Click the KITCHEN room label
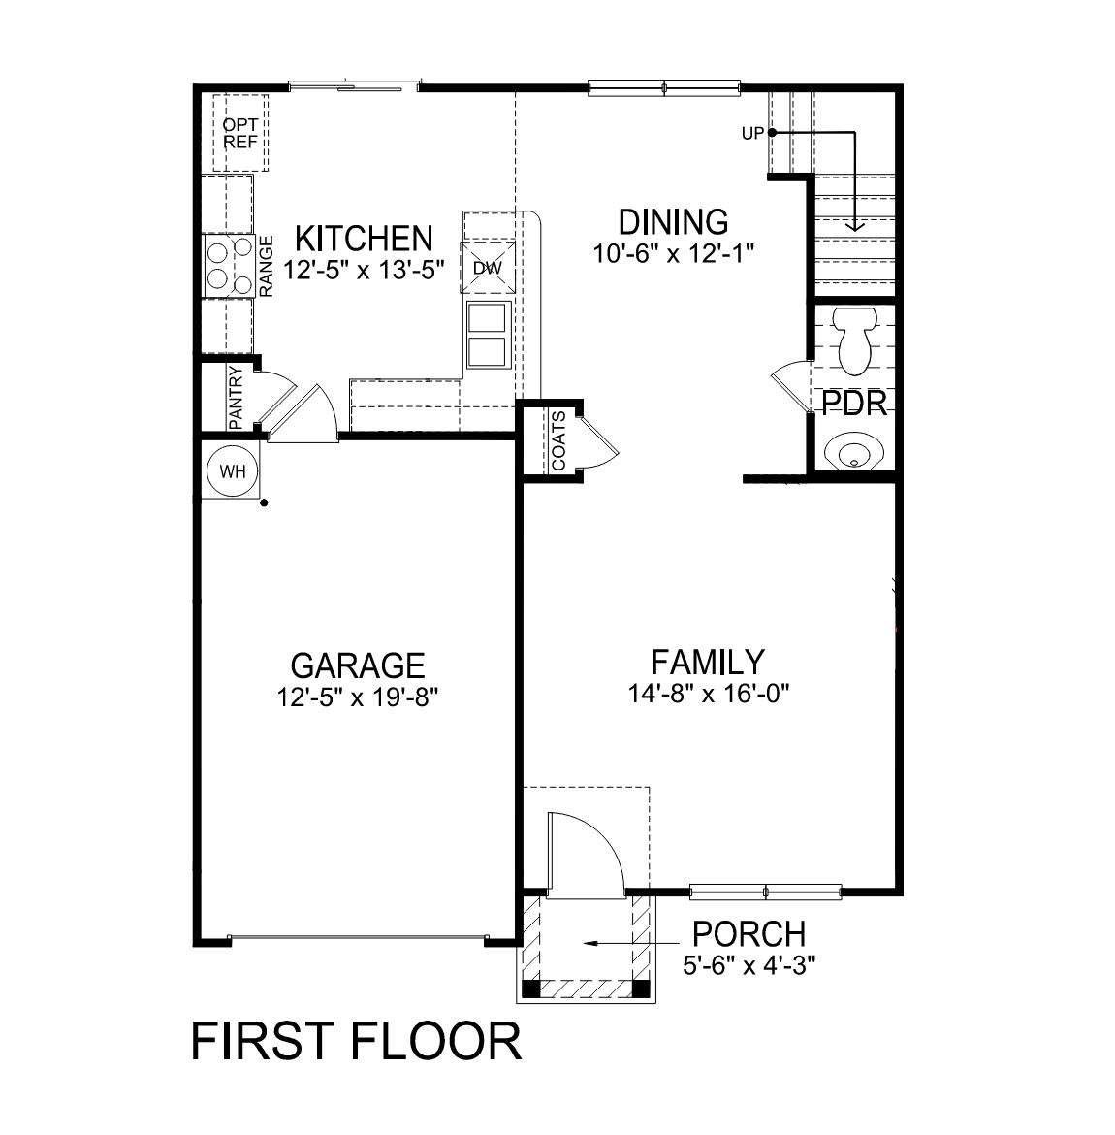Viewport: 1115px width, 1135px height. point(363,238)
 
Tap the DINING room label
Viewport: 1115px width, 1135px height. point(673,221)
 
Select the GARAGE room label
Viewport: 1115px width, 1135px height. point(357,665)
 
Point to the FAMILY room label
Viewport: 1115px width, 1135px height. point(707,663)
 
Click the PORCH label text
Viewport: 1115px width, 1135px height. point(748,934)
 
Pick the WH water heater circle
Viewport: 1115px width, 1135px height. point(233,472)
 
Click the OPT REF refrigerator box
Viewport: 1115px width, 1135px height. point(239,133)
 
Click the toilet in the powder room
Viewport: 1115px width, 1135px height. point(856,340)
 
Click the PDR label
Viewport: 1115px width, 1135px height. point(854,404)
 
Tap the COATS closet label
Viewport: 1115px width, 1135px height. point(559,441)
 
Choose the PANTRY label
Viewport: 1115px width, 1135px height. point(236,396)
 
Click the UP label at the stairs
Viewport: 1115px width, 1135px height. point(752,134)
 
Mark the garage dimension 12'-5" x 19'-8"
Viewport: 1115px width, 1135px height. point(357,697)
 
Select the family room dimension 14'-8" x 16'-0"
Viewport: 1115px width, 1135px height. point(707,694)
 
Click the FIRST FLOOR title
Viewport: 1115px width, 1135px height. point(356,1041)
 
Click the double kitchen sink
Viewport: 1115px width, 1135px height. point(488,335)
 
